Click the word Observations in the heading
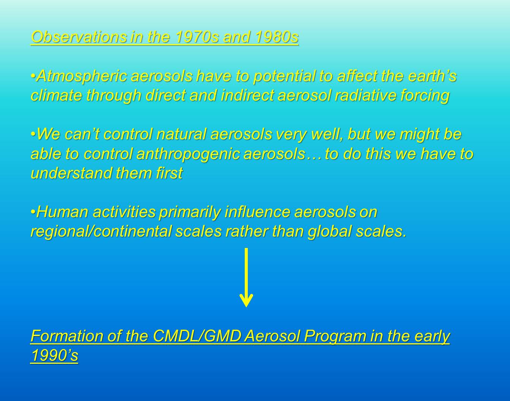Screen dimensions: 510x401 tap(79, 37)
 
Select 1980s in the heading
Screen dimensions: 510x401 tap(277, 37)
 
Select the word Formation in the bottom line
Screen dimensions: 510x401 tap(67, 336)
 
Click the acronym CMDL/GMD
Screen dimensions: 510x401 tap(197, 336)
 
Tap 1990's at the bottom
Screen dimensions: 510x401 tap(54, 355)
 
